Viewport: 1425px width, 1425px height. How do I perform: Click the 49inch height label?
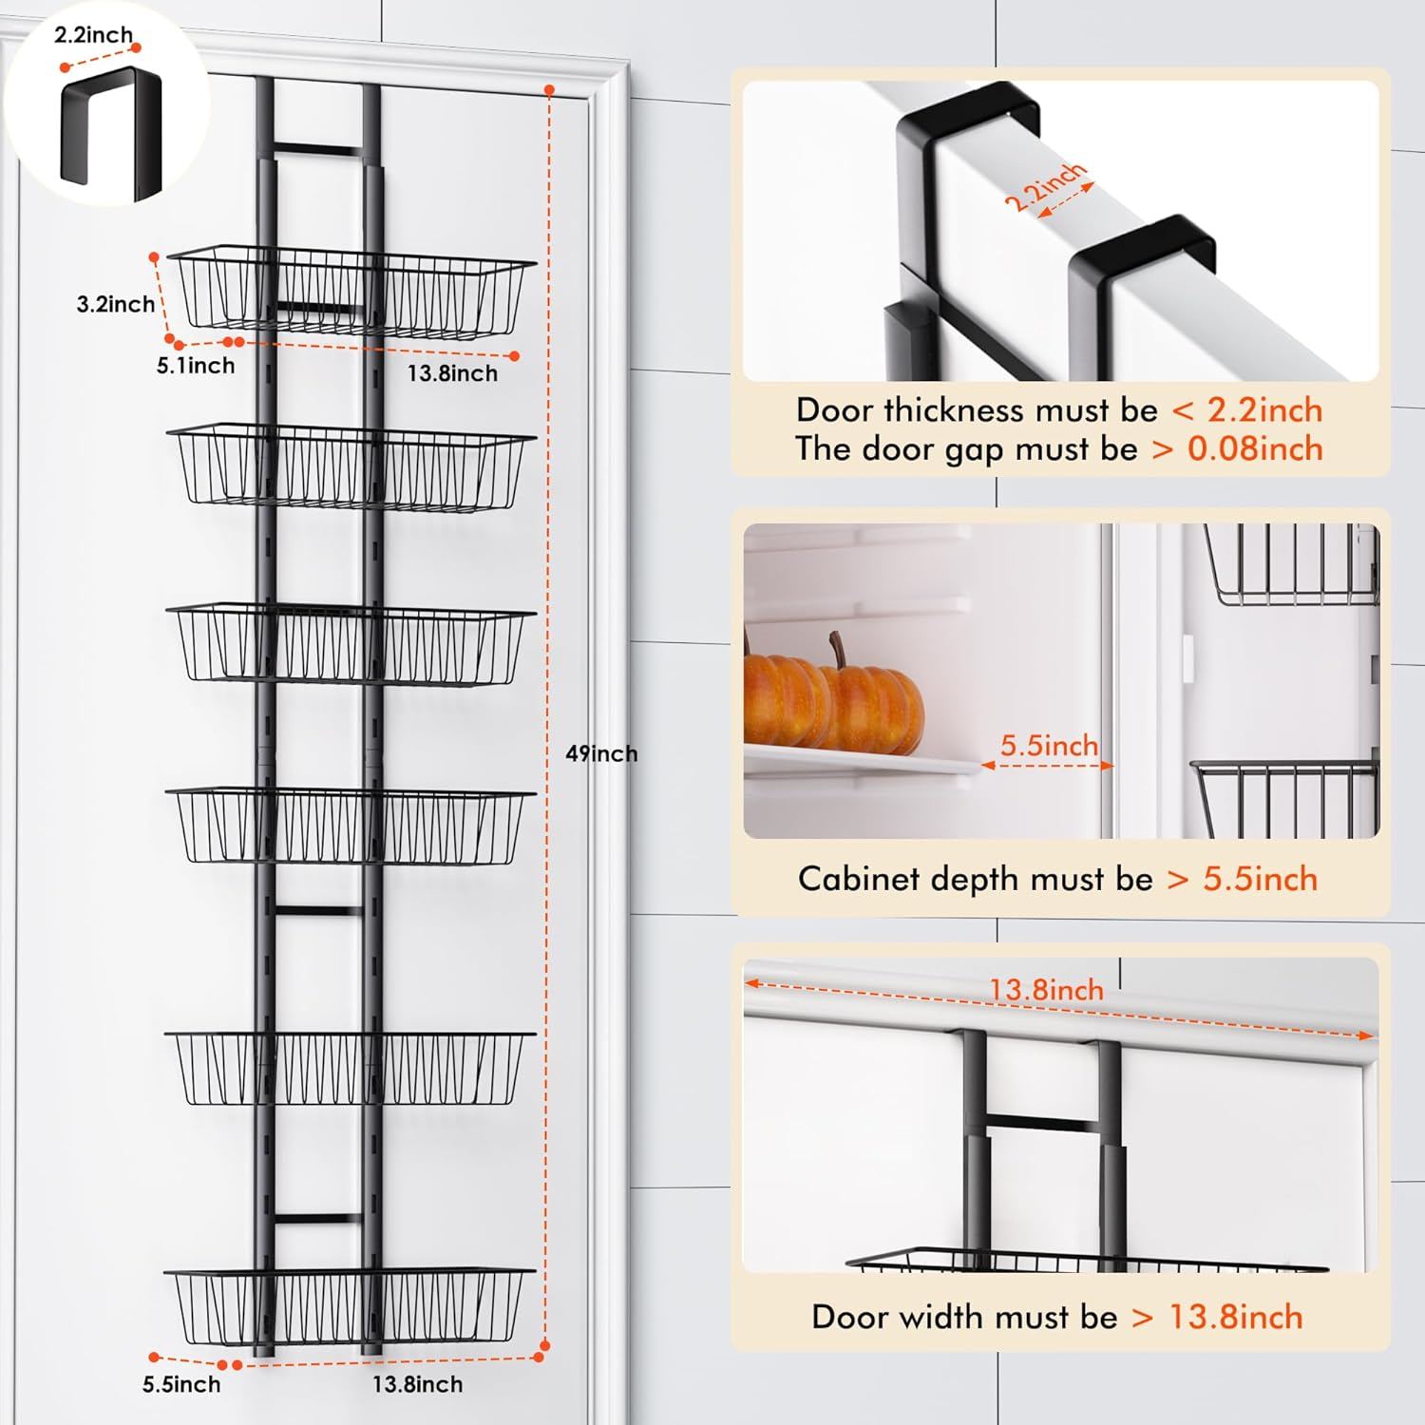pos(601,753)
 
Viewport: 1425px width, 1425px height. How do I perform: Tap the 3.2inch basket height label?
pos(115,304)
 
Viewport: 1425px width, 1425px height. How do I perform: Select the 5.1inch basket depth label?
pos(196,366)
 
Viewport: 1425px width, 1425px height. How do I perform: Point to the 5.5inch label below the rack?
pos(181,1384)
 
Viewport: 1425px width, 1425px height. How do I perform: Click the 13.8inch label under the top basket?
pos(452,373)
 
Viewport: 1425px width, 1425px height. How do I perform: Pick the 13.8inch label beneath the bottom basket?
pos(417,1384)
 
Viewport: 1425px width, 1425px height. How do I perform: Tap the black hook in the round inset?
pos(110,133)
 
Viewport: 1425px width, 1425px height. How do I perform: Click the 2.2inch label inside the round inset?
pos(93,35)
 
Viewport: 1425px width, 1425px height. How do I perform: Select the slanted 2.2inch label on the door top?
pos(1044,187)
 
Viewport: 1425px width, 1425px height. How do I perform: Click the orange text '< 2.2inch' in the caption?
pos(1246,410)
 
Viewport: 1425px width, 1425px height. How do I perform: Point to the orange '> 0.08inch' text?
pos(1237,448)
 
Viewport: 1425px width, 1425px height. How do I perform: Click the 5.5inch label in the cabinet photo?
pos(1049,746)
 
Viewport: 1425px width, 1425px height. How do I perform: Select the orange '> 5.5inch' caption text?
pos(1243,879)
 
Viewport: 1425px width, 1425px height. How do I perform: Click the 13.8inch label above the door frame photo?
pos(1046,990)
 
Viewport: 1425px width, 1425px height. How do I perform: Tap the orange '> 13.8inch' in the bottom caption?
pos(1217,1317)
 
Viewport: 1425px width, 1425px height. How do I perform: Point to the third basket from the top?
pos(351,644)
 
